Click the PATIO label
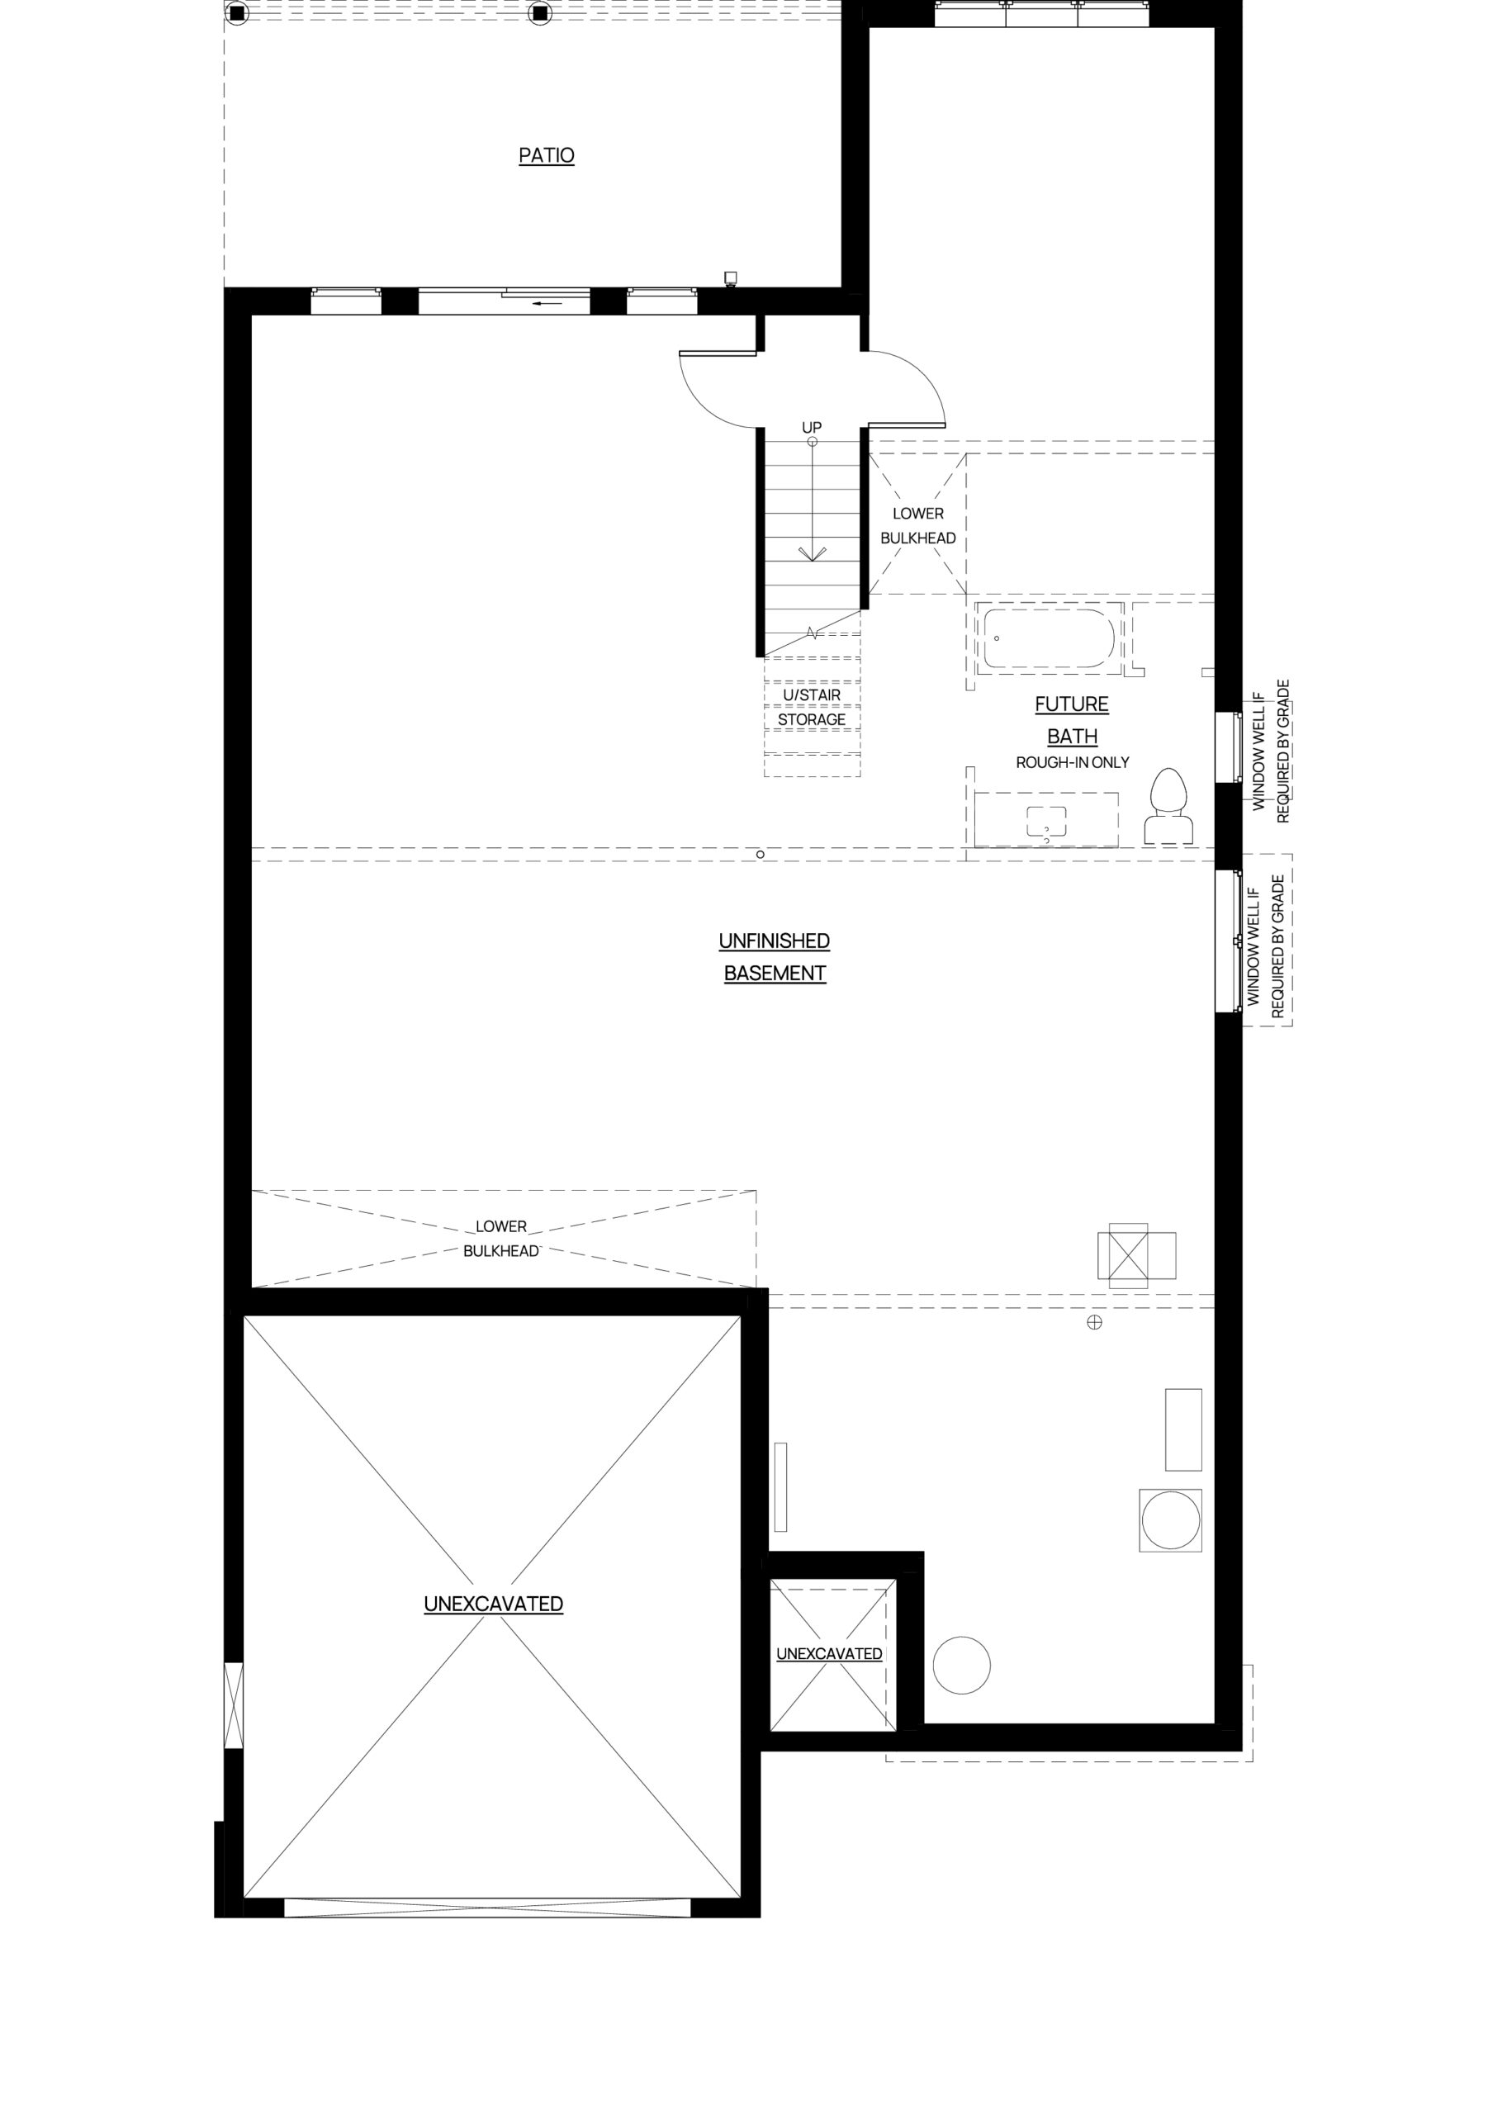(x=547, y=155)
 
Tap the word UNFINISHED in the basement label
(x=774, y=941)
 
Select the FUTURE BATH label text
(x=1072, y=720)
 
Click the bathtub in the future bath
(x=1049, y=638)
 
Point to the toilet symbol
(x=1168, y=805)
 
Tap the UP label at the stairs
(x=812, y=428)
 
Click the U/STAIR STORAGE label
(x=812, y=707)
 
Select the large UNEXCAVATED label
(x=494, y=1604)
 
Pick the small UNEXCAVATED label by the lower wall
(x=830, y=1654)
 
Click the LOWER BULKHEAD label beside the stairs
(x=917, y=525)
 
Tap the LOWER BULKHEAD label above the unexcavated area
(x=501, y=1239)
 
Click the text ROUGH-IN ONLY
(x=1073, y=762)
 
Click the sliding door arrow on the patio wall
(x=547, y=302)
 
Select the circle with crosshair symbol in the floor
(x=1095, y=1322)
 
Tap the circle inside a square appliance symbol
(x=1171, y=1520)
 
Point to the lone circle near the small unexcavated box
(x=961, y=1665)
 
